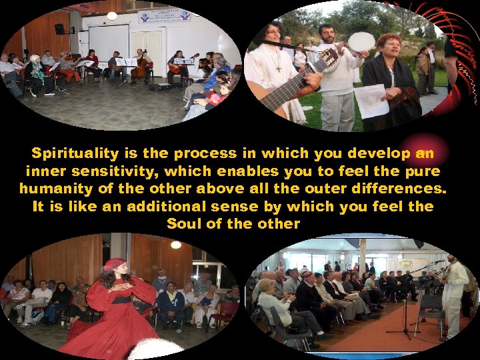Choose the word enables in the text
[x=237, y=171]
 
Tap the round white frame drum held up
[x=361, y=41]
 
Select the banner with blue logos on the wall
[x=164, y=15]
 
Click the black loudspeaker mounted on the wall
[x=59, y=29]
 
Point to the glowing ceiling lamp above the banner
[x=112, y=15]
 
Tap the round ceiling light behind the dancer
[x=176, y=245]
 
